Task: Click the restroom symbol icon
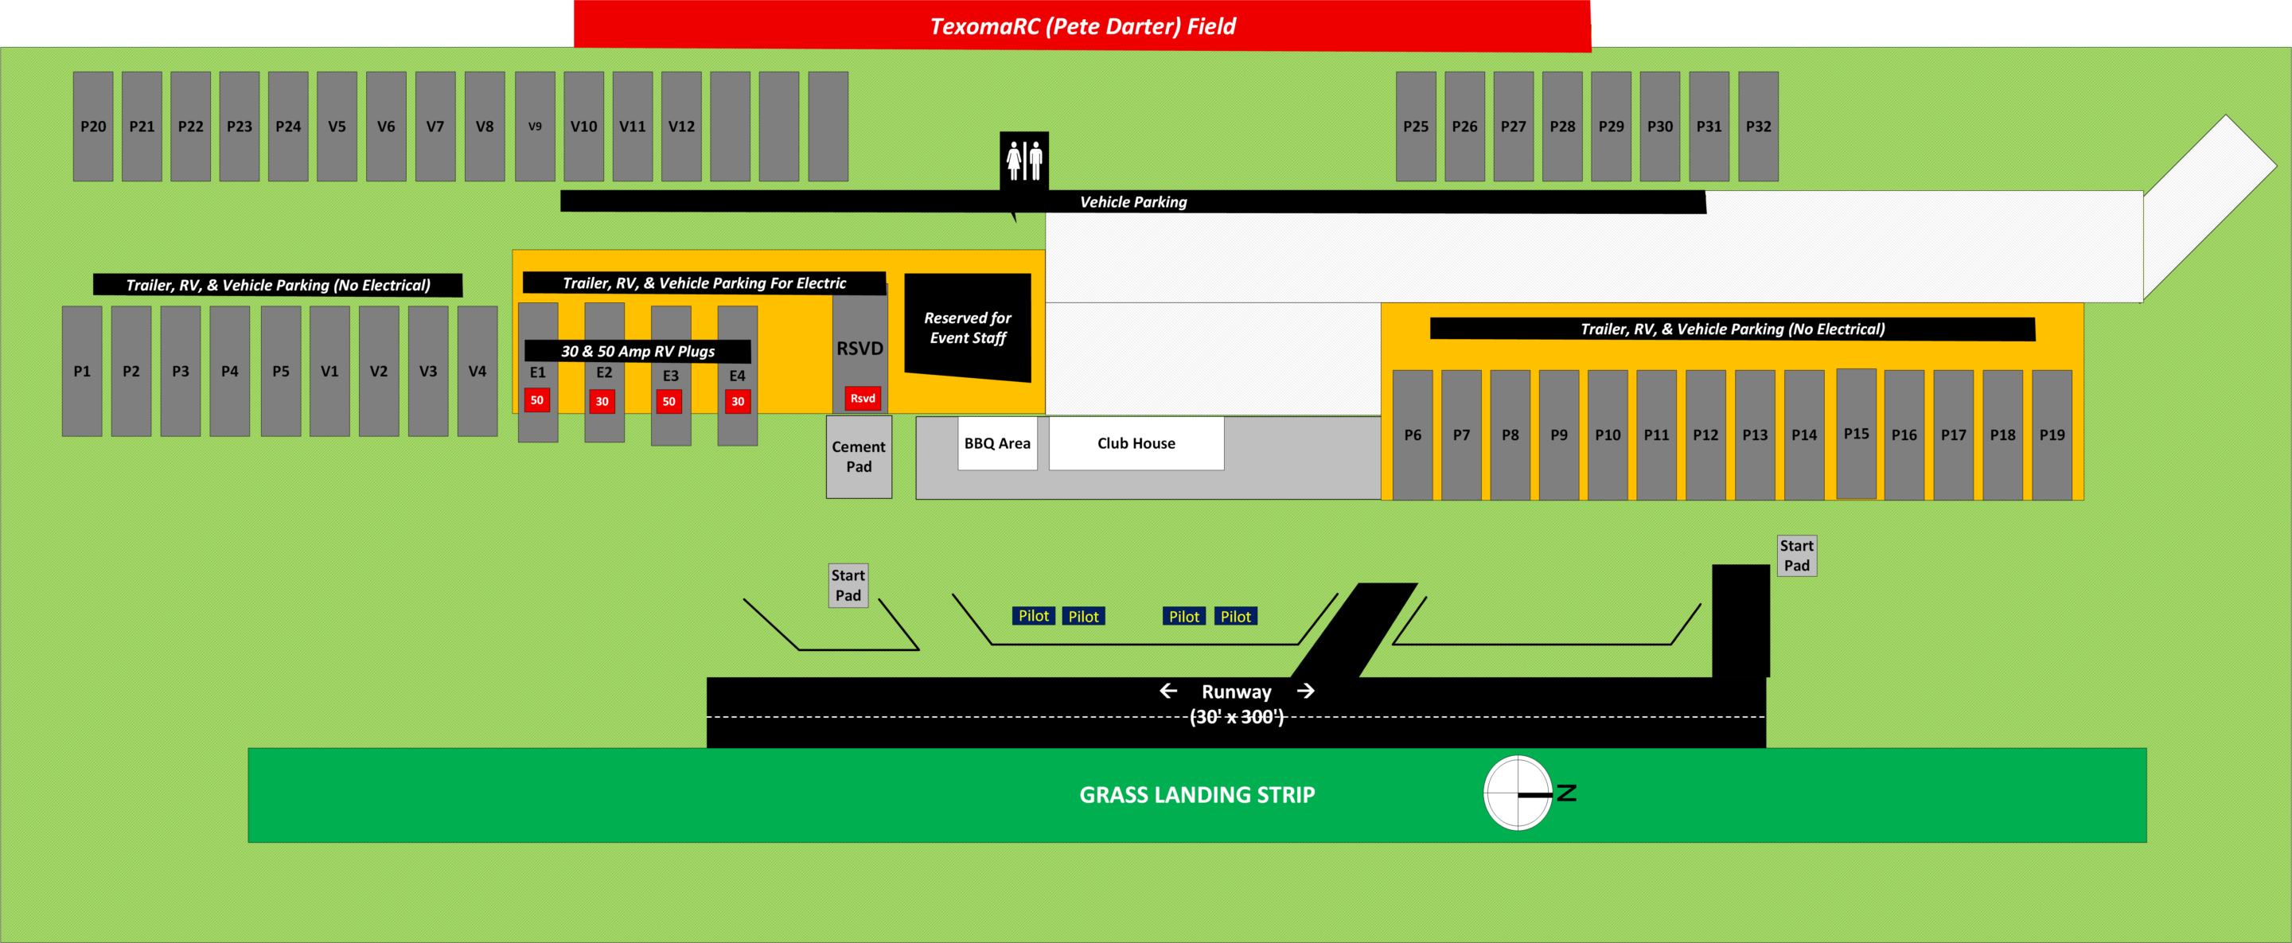click(x=1024, y=160)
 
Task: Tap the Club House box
click(x=1136, y=443)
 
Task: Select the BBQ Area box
click(x=997, y=443)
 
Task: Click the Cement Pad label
click(x=859, y=456)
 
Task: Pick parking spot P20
click(x=92, y=127)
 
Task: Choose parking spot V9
click(x=535, y=127)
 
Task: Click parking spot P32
click(x=1758, y=127)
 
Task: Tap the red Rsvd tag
click(x=862, y=399)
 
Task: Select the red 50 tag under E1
click(x=536, y=400)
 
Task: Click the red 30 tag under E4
click(x=738, y=401)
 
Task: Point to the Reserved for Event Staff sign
click(x=967, y=327)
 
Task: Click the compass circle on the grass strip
click(x=1518, y=793)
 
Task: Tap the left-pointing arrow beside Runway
click(x=1168, y=692)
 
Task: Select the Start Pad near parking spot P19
click(x=1796, y=556)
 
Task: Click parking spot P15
click(x=1856, y=434)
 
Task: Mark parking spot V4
click(x=477, y=371)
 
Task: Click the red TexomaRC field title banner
click(x=1082, y=25)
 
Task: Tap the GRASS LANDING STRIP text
click(x=1197, y=794)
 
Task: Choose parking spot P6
click(x=1412, y=435)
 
